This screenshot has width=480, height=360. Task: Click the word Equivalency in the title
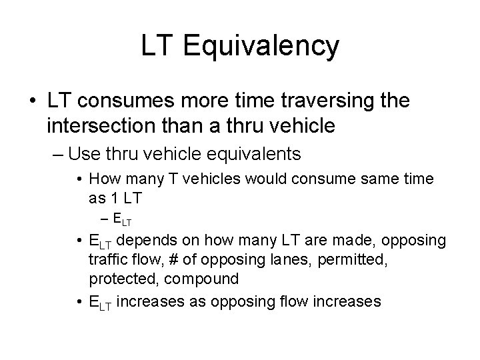tap(260, 47)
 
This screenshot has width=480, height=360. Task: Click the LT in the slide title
tap(155, 46)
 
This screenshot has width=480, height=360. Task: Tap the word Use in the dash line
tap(81, 155)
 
